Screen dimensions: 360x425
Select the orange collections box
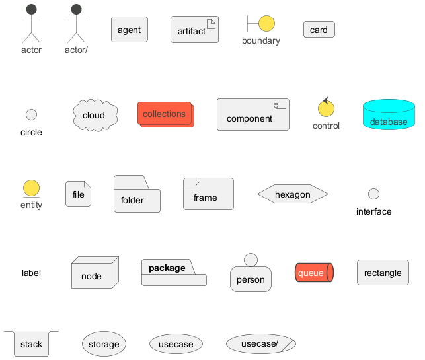click(x=165, y=114)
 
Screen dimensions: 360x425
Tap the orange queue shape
click(x=313, y=273)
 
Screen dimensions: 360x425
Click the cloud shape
click(x=95, y=115)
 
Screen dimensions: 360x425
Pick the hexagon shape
click(x=292, y=194)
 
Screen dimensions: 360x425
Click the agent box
click(x=129, y=30)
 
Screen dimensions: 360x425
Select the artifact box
click(x=194, y=30)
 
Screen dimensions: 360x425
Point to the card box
click(x=319, y=30)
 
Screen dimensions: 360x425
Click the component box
click(x=252, y=115)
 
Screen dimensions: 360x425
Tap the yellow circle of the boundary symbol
click(x=266, y=23)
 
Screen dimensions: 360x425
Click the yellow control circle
click(x=325, y=108)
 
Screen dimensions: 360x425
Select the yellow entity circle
click(x=31, y=188)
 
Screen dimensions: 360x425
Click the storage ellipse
click(x=104, y=344)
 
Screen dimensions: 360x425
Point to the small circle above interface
click(x=373, y=194)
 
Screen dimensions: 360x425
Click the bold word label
click(x=31, y=273)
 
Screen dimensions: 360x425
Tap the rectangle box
click(x=383, y=273)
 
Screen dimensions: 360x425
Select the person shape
click(x=251, y=276)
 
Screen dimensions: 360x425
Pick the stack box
click(x=31, y=343)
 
